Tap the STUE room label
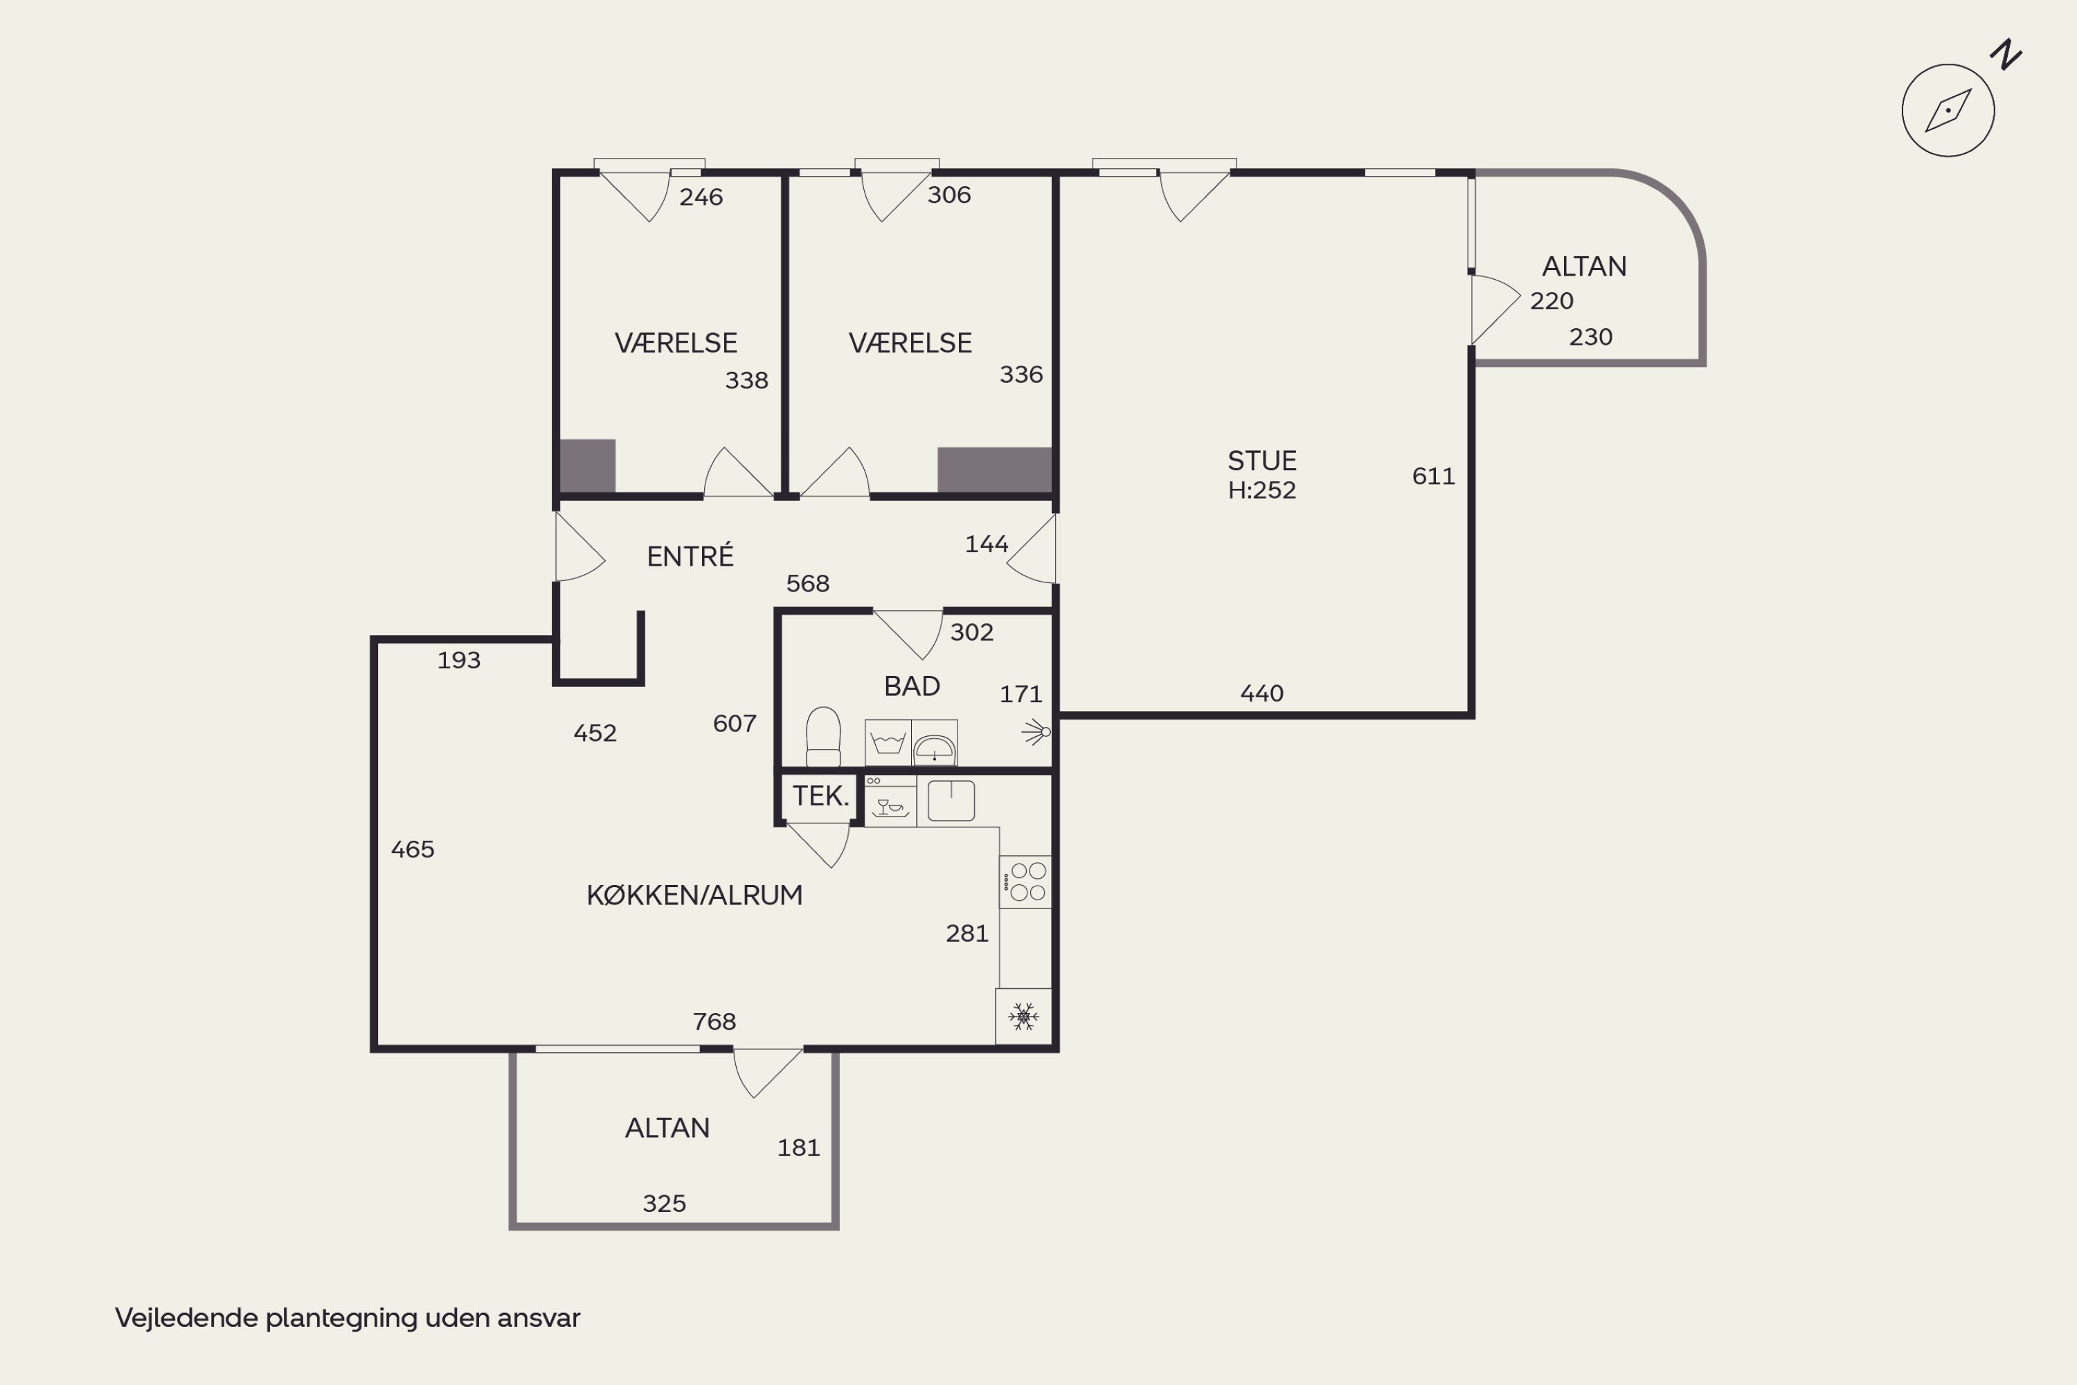coord(1262,461)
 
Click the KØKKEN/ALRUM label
coord(694,895)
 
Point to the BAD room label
coord(911,686)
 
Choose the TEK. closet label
coord(820,796)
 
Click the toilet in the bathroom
coord(823,737)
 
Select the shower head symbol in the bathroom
coord(1036,731)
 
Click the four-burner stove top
coord(1025,882)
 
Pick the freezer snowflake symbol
coord(1023,1017)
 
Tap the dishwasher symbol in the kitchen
coord(890,801)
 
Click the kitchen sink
coord(951,801)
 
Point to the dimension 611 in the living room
coord(1433,476)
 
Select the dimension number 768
coord(714,1021)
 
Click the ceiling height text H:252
coord(1262,490)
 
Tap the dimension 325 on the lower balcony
coord(664,1203)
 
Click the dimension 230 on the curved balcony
coord(1590,337)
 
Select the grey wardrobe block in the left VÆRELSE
coord(587,465)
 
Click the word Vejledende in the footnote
coord(186,1317)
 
